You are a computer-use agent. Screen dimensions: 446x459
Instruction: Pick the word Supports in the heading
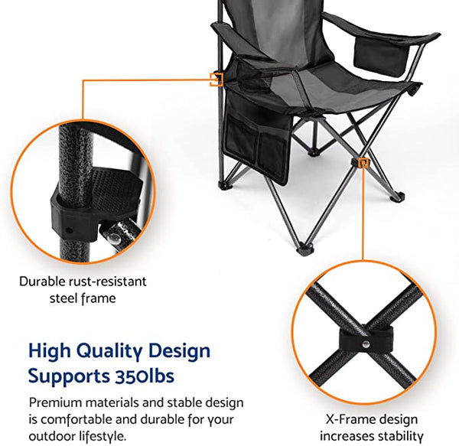coord(64,376)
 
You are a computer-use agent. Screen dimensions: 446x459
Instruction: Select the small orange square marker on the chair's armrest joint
coord(216,77)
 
